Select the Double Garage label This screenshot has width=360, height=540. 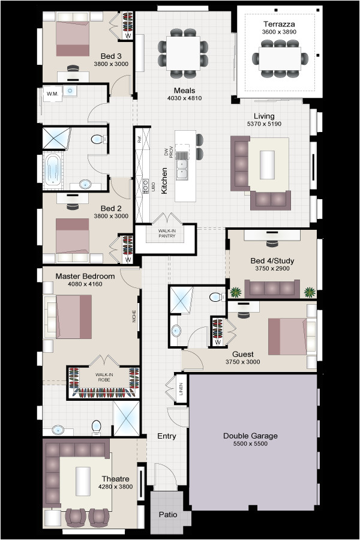pyautogui.click(x=250, y=436)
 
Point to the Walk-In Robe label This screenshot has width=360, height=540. pyautogui.click(x=104, y=376)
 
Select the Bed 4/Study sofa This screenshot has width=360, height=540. pyautogui.click(x=272, y=289)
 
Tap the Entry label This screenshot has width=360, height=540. pyautogui.click(x=166, y=436)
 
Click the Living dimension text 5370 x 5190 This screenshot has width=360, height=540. pyautogui.click(x=264, y=124)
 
